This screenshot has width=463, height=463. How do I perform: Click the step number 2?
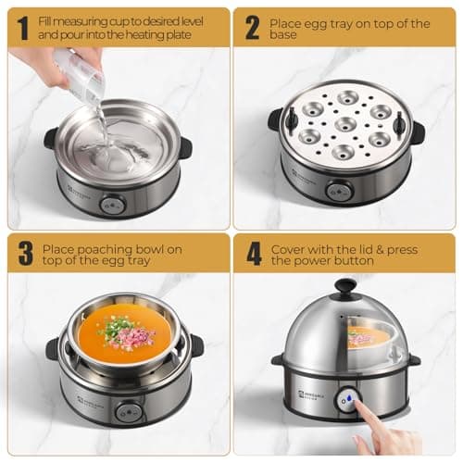pos(251,27)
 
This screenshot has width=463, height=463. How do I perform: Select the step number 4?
pos(252,254)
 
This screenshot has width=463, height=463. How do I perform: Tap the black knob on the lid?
pos(344,287)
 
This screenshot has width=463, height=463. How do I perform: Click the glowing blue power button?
pos(346,399)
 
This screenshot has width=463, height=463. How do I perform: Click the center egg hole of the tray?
pos(345,123)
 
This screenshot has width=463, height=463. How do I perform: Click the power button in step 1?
pos(113,205)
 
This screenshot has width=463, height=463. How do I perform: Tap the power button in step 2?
pos(339,192)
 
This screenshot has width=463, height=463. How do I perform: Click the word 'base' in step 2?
pos(285,35)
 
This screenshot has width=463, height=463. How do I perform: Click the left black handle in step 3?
pos(53,349)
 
